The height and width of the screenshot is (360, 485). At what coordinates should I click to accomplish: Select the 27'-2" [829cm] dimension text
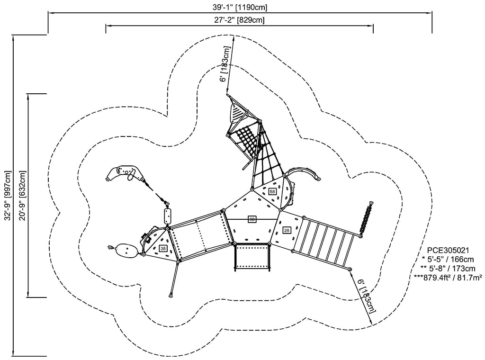point(239,20)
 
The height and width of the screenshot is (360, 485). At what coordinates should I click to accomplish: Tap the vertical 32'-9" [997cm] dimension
point(8,194)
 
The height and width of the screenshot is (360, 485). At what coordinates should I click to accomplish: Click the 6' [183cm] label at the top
point(225,64)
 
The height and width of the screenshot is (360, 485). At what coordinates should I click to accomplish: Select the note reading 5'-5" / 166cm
point(448,259)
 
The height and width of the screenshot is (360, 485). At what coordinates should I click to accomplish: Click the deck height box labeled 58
point(272,191)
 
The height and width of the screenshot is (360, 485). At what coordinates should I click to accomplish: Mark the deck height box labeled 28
point(287,230)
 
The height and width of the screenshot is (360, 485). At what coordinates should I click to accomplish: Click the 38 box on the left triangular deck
point(163,248)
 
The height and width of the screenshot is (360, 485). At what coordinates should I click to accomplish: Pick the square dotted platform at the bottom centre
point(252,256)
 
